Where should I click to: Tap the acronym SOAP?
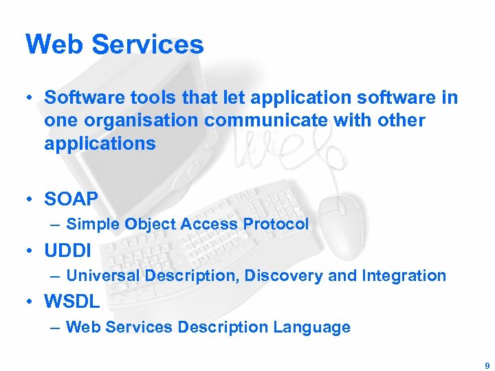click(x=71, y=199)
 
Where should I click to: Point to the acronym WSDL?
click(x=72, y=301)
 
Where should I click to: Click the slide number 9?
click(x=487, y=366)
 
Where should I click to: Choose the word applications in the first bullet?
click(x=100, y=144)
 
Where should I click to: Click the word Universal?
click(x=100, y=276)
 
